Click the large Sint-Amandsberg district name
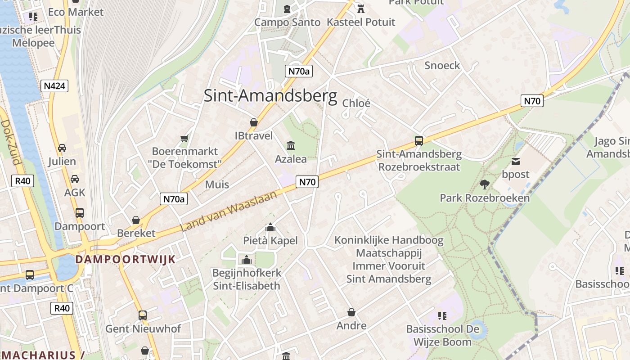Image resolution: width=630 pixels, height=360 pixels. point(270,96)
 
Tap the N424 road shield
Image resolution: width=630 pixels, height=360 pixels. point(54,86)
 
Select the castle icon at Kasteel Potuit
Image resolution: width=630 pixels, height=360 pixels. point(360,9)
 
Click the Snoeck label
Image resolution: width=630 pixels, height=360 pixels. point(442,66)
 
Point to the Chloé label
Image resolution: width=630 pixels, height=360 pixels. point(356,103)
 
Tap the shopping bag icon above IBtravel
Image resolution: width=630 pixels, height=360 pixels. point(254,122)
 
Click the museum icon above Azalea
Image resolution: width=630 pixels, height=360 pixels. point(291,146)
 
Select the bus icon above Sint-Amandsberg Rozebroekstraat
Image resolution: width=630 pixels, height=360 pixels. point(419,141)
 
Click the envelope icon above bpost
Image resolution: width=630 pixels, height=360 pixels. point(516,161)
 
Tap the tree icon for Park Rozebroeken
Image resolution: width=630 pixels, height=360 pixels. point(484,184)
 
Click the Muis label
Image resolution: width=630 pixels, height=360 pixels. point(217,184)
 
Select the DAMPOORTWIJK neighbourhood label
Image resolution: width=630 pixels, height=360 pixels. point(125,259)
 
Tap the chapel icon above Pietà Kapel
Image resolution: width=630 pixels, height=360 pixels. point(270,227)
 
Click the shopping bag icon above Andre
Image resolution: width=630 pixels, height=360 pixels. point(351,312)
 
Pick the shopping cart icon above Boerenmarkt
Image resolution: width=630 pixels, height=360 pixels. point(184,138)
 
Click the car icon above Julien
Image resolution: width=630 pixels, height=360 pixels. point(62,148)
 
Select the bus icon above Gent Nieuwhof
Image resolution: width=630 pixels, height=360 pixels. point(143,315)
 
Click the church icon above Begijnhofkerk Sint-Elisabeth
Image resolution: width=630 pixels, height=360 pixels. point(246,260)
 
